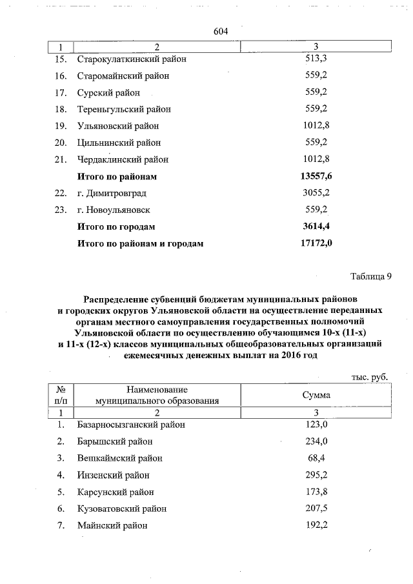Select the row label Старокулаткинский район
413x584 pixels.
point(132,59)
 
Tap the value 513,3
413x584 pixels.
point(316,59)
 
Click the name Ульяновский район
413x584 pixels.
point(117,126)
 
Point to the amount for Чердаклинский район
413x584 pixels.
point(316,159)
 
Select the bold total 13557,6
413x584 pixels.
point(316,176)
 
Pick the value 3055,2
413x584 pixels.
point(316,193)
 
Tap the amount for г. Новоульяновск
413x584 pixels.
point(316,210)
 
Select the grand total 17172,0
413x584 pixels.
point(316,243)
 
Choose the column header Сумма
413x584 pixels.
point(316,395)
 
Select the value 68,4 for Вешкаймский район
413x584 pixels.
point(316,458)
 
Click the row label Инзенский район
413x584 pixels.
point(113,475)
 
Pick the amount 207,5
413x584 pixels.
point(316,508)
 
